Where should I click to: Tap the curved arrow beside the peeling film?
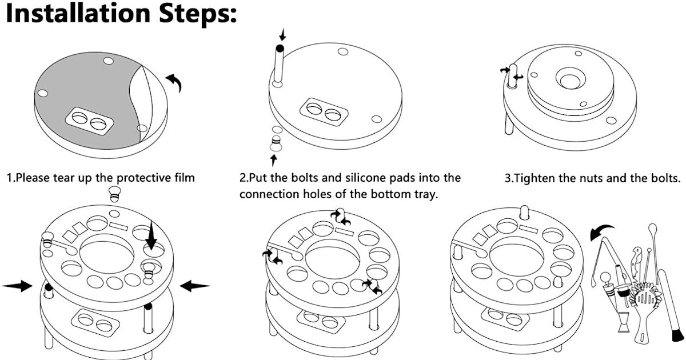coord(175,83)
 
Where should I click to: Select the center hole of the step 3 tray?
coord(569,81)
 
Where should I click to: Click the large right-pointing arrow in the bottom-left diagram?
coord(17,286)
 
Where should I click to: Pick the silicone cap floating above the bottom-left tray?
coord(115,194)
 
